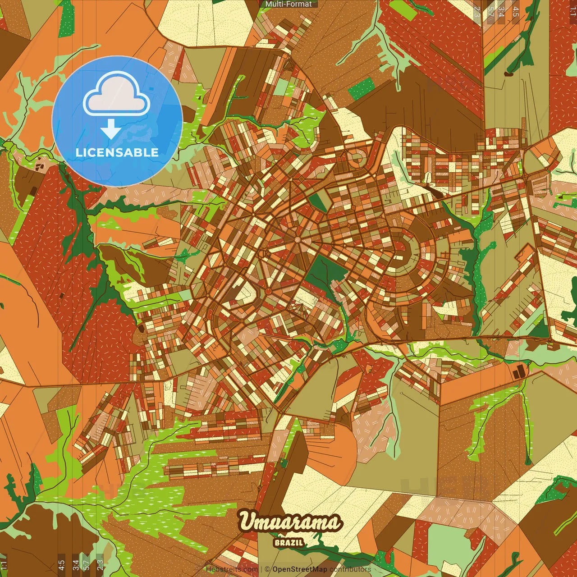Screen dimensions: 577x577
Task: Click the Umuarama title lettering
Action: (x=290, y=522)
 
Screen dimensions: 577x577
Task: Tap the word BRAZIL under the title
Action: (x=288, y=542)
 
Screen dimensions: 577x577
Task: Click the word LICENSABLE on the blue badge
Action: (x=117, y=152)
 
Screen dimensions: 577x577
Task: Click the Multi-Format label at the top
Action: (x=288, y=4)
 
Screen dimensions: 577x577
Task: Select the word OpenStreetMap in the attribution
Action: (x=300, y=569)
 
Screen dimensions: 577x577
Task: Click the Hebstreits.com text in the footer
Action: (x=232, y=569)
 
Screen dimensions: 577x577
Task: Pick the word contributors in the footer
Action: (x=350, y=569)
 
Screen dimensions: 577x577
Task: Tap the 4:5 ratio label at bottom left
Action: (x=62, y=564)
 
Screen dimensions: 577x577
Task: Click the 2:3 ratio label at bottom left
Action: (x=100, y=564)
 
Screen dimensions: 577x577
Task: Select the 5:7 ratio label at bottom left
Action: (x=87, y=564)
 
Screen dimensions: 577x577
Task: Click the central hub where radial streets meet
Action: (x=297, y=239)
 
